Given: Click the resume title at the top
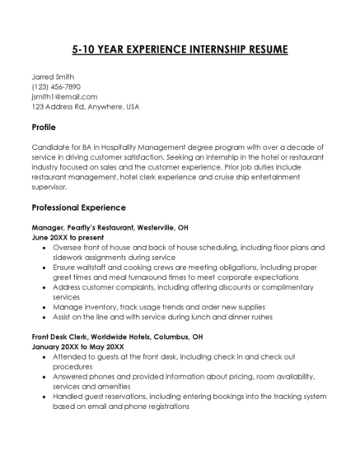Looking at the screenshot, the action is [180, 49].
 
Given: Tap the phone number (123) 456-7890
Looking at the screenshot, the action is [57, 86].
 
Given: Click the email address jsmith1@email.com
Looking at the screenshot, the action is [64, 96].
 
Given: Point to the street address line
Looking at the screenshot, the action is [85, 106].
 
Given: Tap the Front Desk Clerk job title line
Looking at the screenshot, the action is [117, 337].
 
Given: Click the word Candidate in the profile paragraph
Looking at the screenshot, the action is [52, 146].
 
